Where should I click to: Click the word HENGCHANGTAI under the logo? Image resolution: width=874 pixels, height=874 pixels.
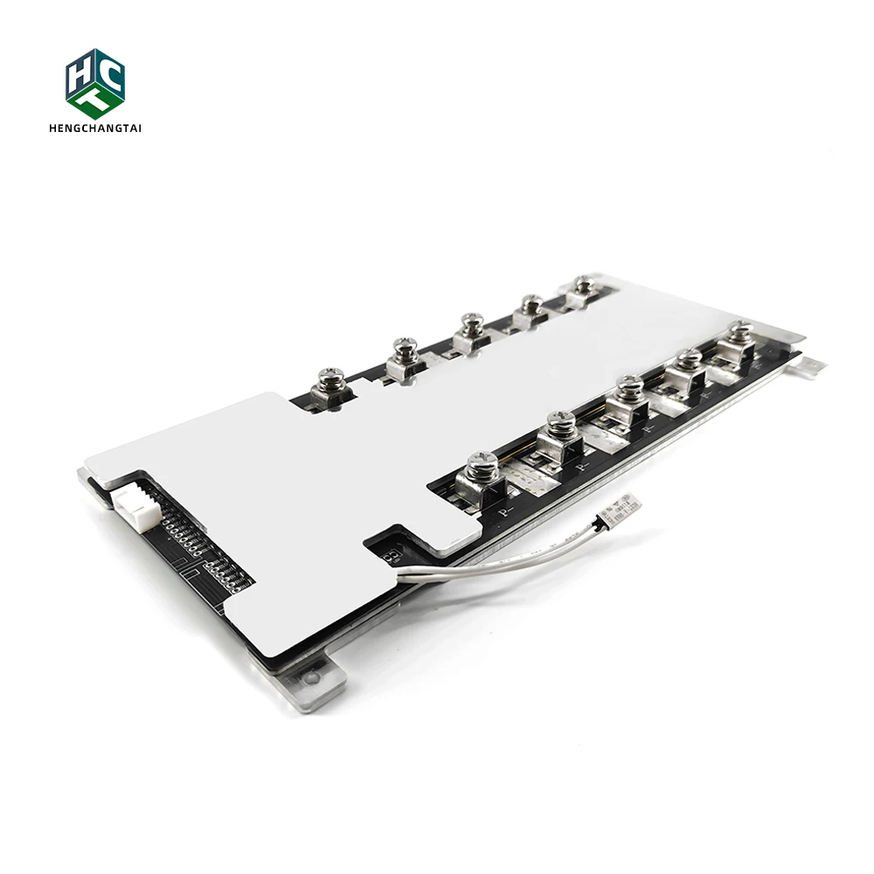(95, 128)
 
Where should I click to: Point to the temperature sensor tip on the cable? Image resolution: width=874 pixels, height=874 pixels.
(627, 504)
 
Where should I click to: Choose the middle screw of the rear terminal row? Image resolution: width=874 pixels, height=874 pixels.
(473, 323)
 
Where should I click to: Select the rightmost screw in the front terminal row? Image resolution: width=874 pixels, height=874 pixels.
(739, 331)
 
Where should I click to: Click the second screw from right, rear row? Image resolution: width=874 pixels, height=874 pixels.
(530, 303)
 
